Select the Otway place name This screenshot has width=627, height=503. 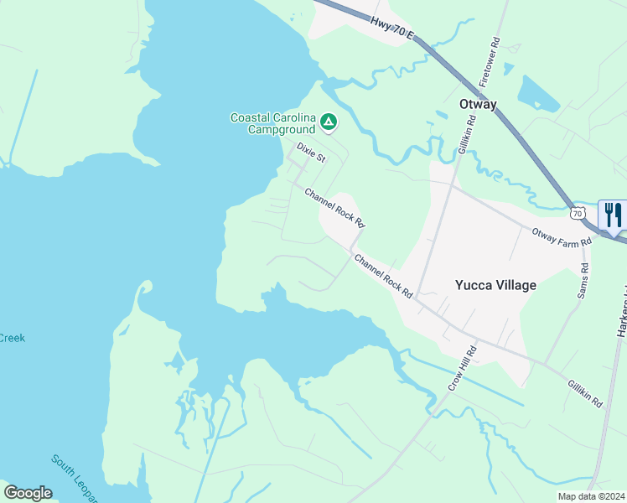pyautogui.click(x=478, y=105)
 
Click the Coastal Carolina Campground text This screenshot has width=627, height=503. pyautogui.click(x=273, y=123)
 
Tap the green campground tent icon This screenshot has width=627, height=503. pyautogui.click(x=329, y=123)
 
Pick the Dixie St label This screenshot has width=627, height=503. pyautogui.click(x=310, y=152)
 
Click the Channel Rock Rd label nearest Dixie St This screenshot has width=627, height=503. pyautogui.click(x=335, y=207)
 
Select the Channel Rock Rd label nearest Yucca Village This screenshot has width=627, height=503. pyautogui.click(x=384, y=277)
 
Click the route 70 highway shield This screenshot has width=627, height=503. pyautogui.click(x=577, y=214)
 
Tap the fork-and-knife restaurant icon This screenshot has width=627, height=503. pyautogui.click(x=614, y=215)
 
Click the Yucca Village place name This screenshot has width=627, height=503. pyautogui.click(x=495, y=285)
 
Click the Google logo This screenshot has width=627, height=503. pyautogui.click(x=28, y=492)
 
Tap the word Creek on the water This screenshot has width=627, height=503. pyautogui.click(x=12, y=338)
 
